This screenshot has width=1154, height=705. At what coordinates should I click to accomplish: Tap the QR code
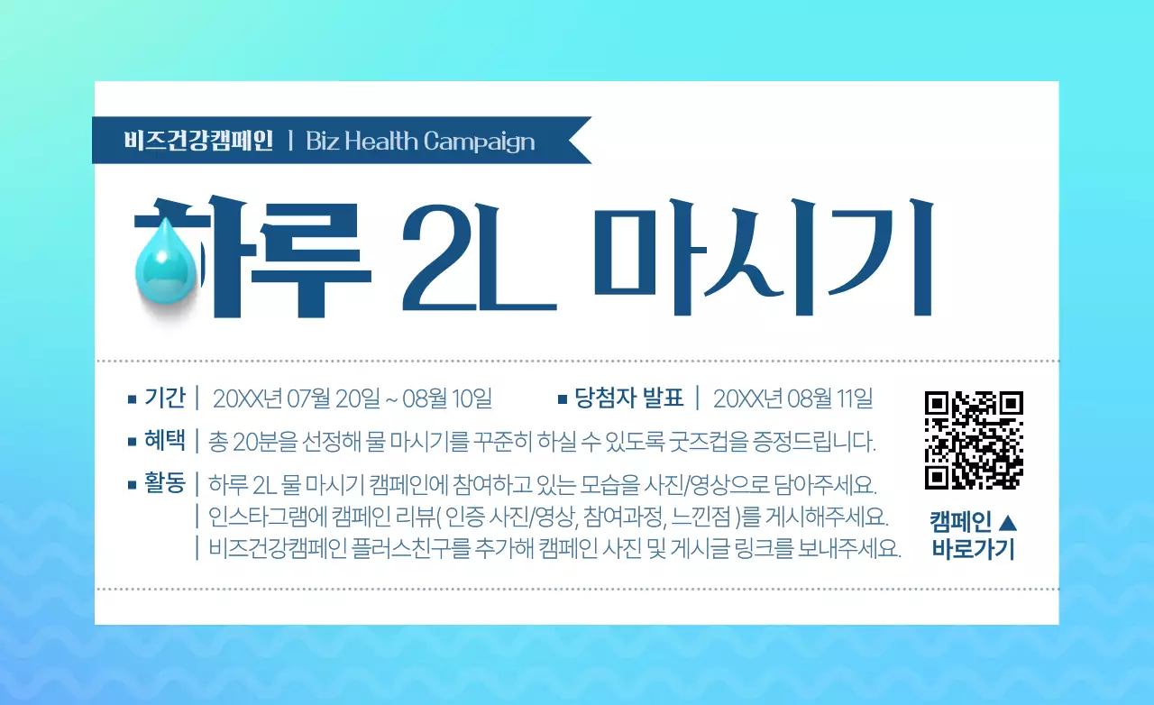(x=974, y=440)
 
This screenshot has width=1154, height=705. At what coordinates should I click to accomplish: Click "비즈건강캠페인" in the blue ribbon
(x=198, y=142)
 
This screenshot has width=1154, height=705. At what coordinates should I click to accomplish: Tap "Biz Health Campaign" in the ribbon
(x=420, y=142)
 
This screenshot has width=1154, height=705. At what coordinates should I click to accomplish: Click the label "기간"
(x=164, y=398)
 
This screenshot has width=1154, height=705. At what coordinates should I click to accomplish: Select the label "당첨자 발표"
(x=629, y=398)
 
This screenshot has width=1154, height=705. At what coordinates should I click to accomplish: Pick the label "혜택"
(x=164, y=441)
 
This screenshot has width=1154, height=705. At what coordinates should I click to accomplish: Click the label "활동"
(x=164, y=483)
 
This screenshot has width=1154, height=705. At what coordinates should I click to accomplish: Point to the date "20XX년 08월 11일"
(x=792, y=398)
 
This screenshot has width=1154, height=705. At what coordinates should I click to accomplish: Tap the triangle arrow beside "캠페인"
(x=1009, y=521)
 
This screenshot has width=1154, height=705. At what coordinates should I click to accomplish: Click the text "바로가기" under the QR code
(x=973, y=549)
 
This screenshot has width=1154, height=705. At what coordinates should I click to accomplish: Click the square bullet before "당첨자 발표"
(x=563, y=398)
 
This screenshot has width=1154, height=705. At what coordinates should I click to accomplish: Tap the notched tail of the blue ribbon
(x=577, y=141)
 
